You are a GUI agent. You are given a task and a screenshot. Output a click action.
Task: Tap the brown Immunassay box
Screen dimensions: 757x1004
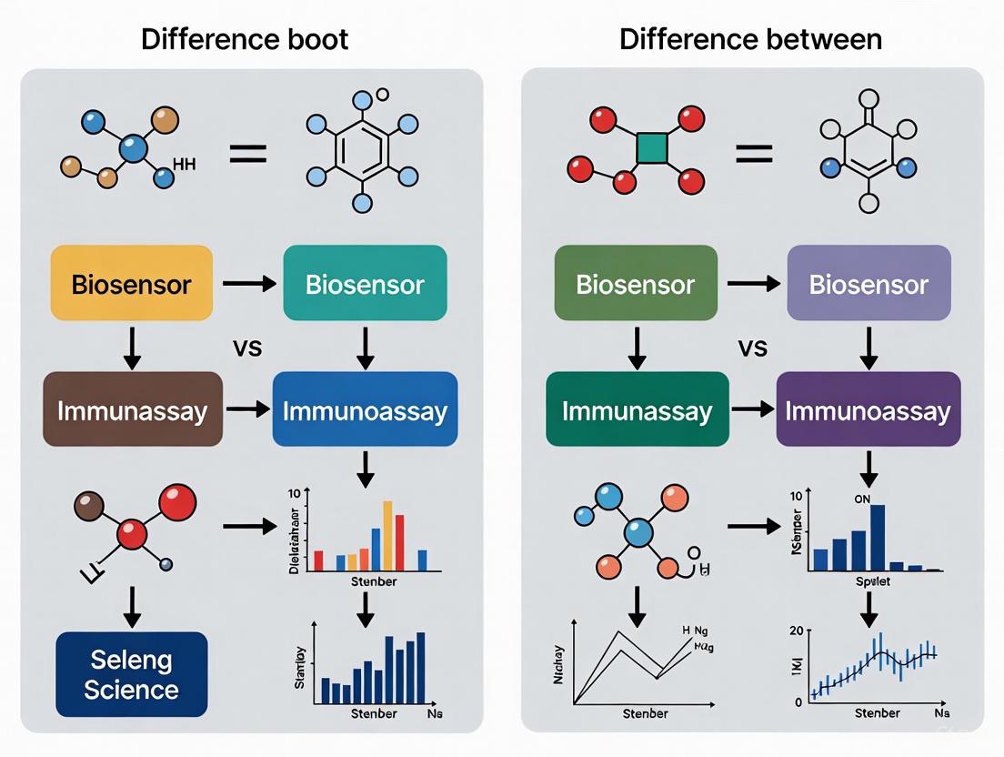point(133,409)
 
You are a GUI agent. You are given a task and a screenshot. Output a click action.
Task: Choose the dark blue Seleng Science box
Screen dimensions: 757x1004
point(131,674)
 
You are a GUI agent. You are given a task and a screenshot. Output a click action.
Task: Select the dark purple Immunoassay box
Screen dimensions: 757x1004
point(868,409)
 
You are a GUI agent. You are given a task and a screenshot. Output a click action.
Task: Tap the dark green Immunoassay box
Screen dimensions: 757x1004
point(637,409)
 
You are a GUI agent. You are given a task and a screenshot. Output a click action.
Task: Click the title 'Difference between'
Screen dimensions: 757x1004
point(750,39)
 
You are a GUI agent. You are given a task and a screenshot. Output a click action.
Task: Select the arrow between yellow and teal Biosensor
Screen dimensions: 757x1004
point(248,284)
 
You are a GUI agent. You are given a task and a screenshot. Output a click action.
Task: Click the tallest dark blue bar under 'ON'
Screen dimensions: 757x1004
point(877,537)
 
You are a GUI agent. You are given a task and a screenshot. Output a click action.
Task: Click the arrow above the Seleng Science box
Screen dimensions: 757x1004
point(132,606)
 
